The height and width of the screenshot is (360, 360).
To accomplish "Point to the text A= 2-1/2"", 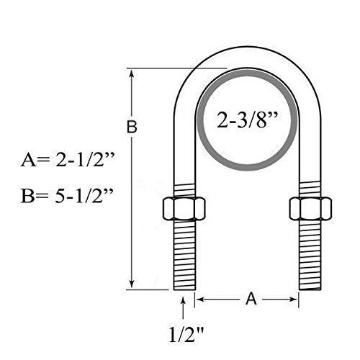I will click(63, 162).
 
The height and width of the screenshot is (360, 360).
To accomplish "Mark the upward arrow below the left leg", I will click(186, 306).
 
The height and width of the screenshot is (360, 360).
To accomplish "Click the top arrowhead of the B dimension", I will click(132, 73).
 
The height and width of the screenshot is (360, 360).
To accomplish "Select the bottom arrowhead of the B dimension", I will click(132, 284).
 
